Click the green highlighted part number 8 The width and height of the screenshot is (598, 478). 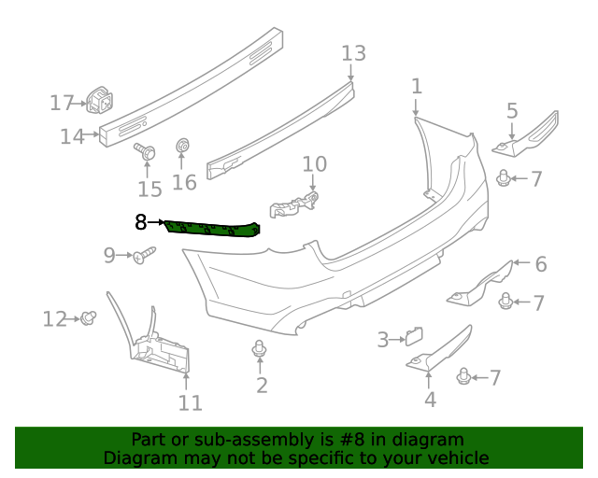pyautogui.click(x=213, y=231)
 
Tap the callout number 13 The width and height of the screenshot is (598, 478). pyautogui.click(x=354, y=53)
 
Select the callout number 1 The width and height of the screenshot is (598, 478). pyautogui.click(x=416, y=87)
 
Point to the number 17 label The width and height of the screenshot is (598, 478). pyautogui.click(x=62, y=102)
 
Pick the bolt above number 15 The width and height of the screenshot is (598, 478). pyautogui.click(x=145, y=150)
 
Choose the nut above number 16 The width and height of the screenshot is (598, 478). pyautogui.click(x=183, y=147)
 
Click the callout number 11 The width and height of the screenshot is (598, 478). pyautogui.click(x=190, y=403)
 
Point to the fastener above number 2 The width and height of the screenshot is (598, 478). pyautogui.click(x=260, y=350)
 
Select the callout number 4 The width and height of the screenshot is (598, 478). pyautogui.click(x=430, y=401)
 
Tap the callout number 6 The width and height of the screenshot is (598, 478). pyautogui.click(x=540, y=264)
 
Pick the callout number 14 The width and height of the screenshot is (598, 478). pyautogui.click(x=72, y=136)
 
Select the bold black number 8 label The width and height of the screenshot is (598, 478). pyautogui.click(x=141, y=222)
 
